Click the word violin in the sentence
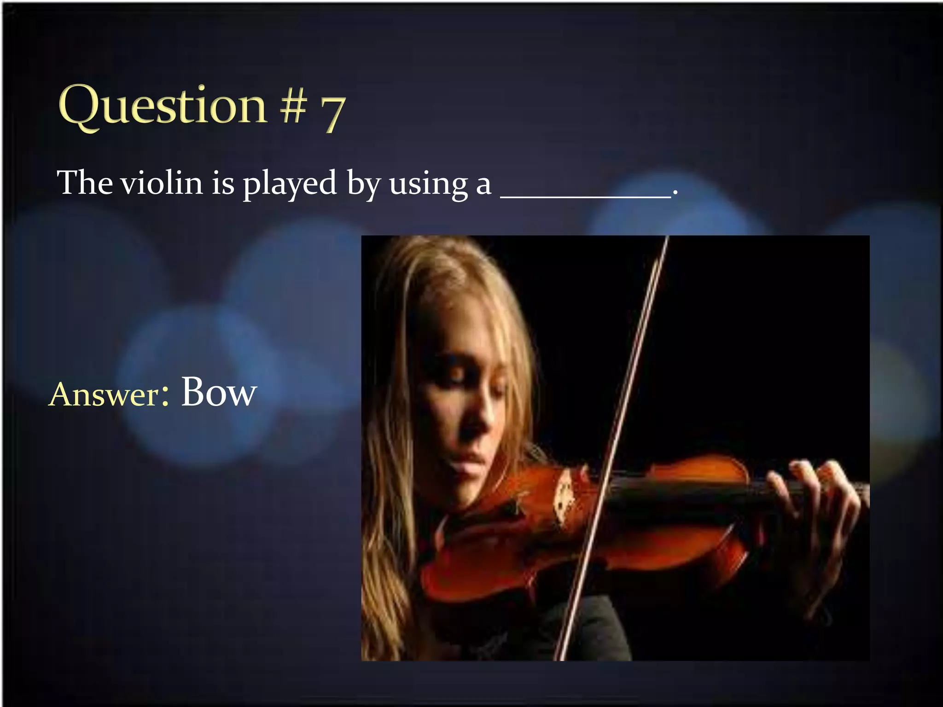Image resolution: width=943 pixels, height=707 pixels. pyautogui.click(x=162, y=183)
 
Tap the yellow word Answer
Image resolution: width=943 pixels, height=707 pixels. pyautogui.click(x=104, y=395)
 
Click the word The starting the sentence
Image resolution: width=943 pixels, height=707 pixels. pyautogui.click(x=85, y=183)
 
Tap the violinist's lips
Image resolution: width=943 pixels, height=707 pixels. pyautogui.click(x=470, y=458)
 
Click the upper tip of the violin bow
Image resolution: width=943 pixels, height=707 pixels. pyautogui.click(x=666, y=239)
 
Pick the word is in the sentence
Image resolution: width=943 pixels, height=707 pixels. pyautogui.click(x=223, y=183)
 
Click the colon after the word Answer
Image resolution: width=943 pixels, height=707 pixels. pyautogui.click(x=164, y=397)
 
